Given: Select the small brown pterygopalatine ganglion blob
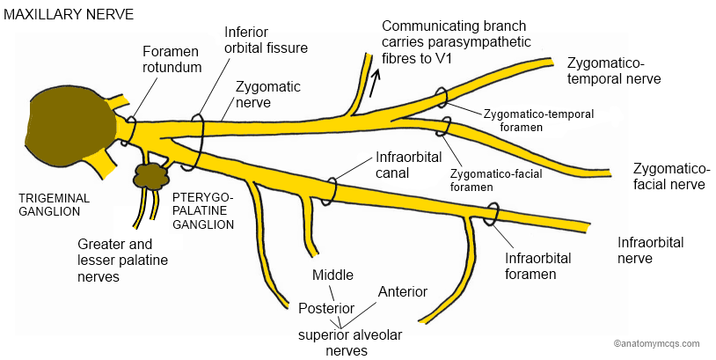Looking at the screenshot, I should click(x=150, y=175).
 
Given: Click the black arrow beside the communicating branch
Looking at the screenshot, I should click(x=376, y=83).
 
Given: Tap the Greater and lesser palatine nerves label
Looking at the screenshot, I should click(x=122, y=261).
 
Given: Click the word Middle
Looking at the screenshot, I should click(x=333, y=276).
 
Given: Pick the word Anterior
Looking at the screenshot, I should click(x=402, y=291).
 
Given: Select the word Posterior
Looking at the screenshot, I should click(x=326, y=309).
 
